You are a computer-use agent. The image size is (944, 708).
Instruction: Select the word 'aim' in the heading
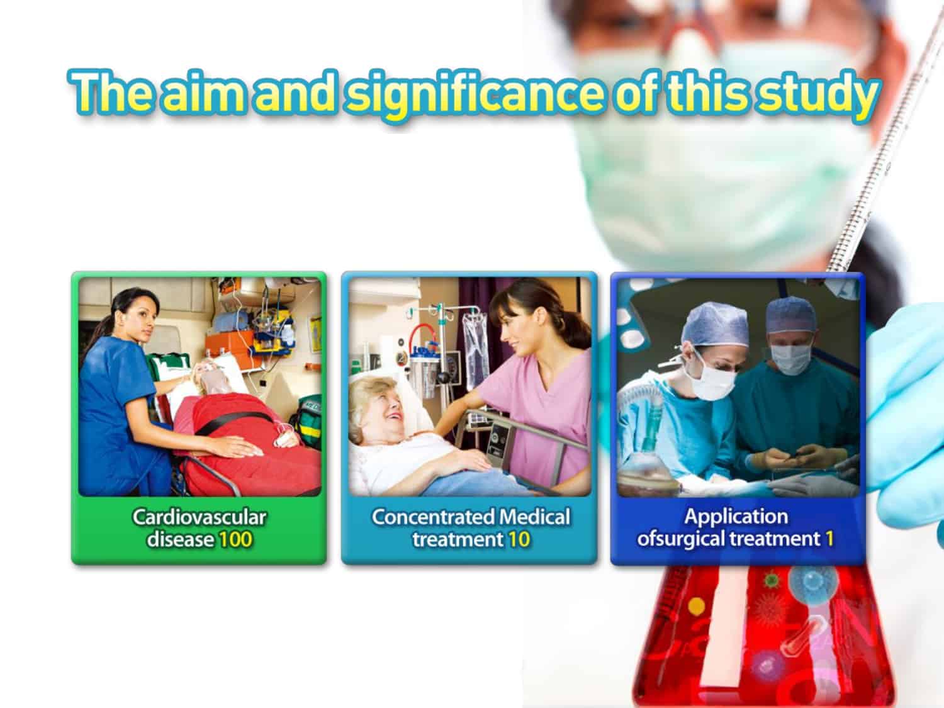click(206, 93)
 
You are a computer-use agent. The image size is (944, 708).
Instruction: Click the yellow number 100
click(235, 539)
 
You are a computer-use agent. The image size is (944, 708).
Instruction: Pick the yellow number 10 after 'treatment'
click(519, 539)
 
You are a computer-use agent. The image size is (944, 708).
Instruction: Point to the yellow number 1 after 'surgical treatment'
click(829, 539)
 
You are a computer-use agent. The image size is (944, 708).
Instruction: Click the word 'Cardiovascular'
click(199, 517)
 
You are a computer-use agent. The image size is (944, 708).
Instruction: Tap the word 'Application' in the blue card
click(736, 517)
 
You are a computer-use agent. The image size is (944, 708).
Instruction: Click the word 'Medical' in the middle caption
click(535, 517)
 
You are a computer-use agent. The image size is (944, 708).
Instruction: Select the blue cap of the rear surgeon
click(790, 316)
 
